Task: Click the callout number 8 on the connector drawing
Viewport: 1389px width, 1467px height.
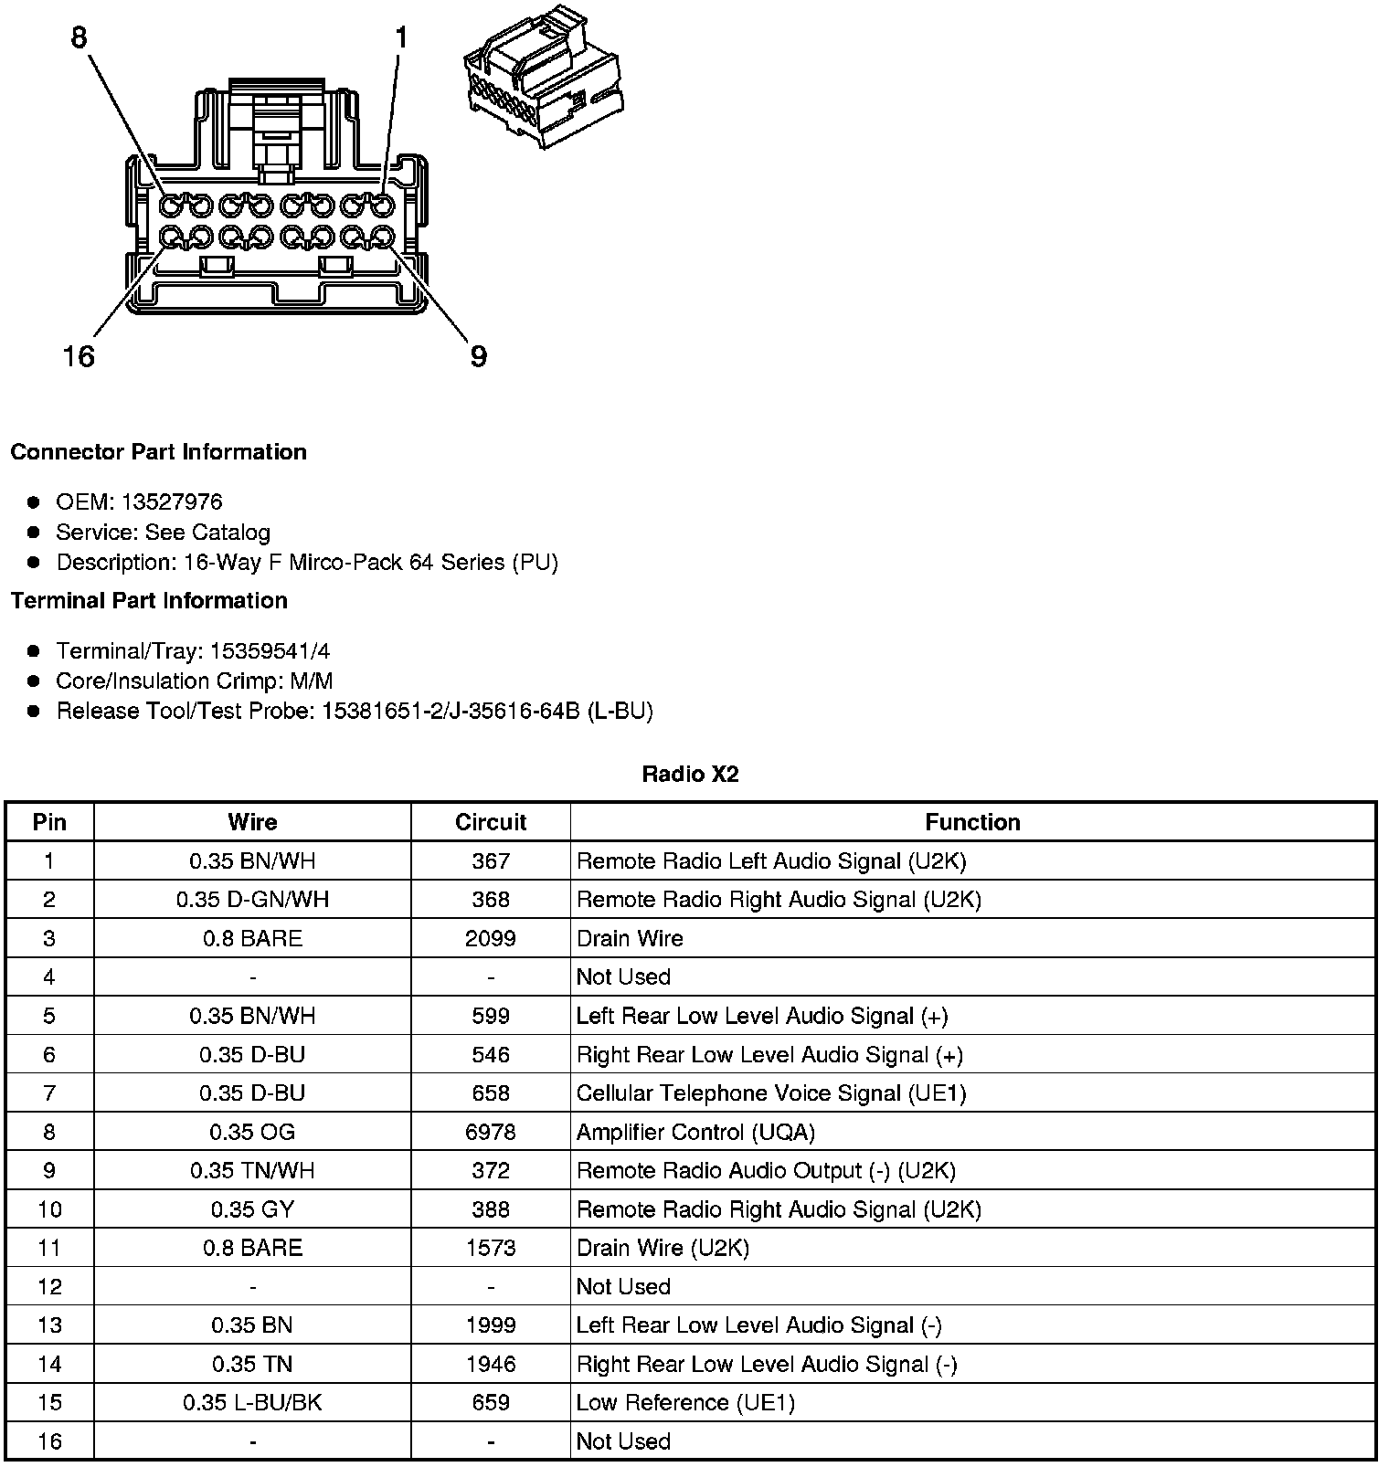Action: pyautogui.click(x=80, y=37)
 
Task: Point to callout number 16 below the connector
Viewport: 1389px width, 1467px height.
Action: pyautogui.click(x=79, y=355)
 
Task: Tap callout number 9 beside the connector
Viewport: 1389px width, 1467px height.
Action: pyautogui.click(x=478, y=355)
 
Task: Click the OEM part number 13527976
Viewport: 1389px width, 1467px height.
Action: pyautogui.click(x=171, y=501)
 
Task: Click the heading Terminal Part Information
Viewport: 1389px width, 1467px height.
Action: pyautogui.click(x=149, y=600)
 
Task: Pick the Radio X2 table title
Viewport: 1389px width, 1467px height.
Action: pyautogui.click(x=690, y=775)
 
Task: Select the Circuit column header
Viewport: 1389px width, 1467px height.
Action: pyautogui.click(x=491, y=822)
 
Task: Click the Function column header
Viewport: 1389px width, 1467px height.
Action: pyautogui.click(x=972, y=822)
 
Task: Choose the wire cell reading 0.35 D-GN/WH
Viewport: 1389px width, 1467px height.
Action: pyautogui.click(x=252, y=900)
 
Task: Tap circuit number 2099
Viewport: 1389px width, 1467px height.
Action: pyautogui.click(x=491, y=938)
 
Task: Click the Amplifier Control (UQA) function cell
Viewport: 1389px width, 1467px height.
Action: pyautogui.click(x=695, y=1132)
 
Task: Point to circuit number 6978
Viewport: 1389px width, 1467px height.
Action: pyautogui.click(x=491, y=1132)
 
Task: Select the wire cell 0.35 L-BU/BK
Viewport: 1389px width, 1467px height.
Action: pyautogui.click(x=252, y=1402)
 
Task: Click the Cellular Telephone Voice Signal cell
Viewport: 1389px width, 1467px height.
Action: pyautogui.click(x=770, y=1093)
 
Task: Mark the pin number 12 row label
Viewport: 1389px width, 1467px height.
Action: pyautogui.click(x=49, y=1286)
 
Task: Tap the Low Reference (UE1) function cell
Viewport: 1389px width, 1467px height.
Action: pyautogui.click(x=685, y=1402)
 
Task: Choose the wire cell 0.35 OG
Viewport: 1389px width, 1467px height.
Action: pyautogui.click(x=252, y=1132)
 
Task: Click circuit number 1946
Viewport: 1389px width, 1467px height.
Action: pyautogui.click(x=491, y=1364)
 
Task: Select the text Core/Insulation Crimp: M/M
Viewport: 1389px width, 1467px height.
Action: pyautogui.click(x=195, y=681)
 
